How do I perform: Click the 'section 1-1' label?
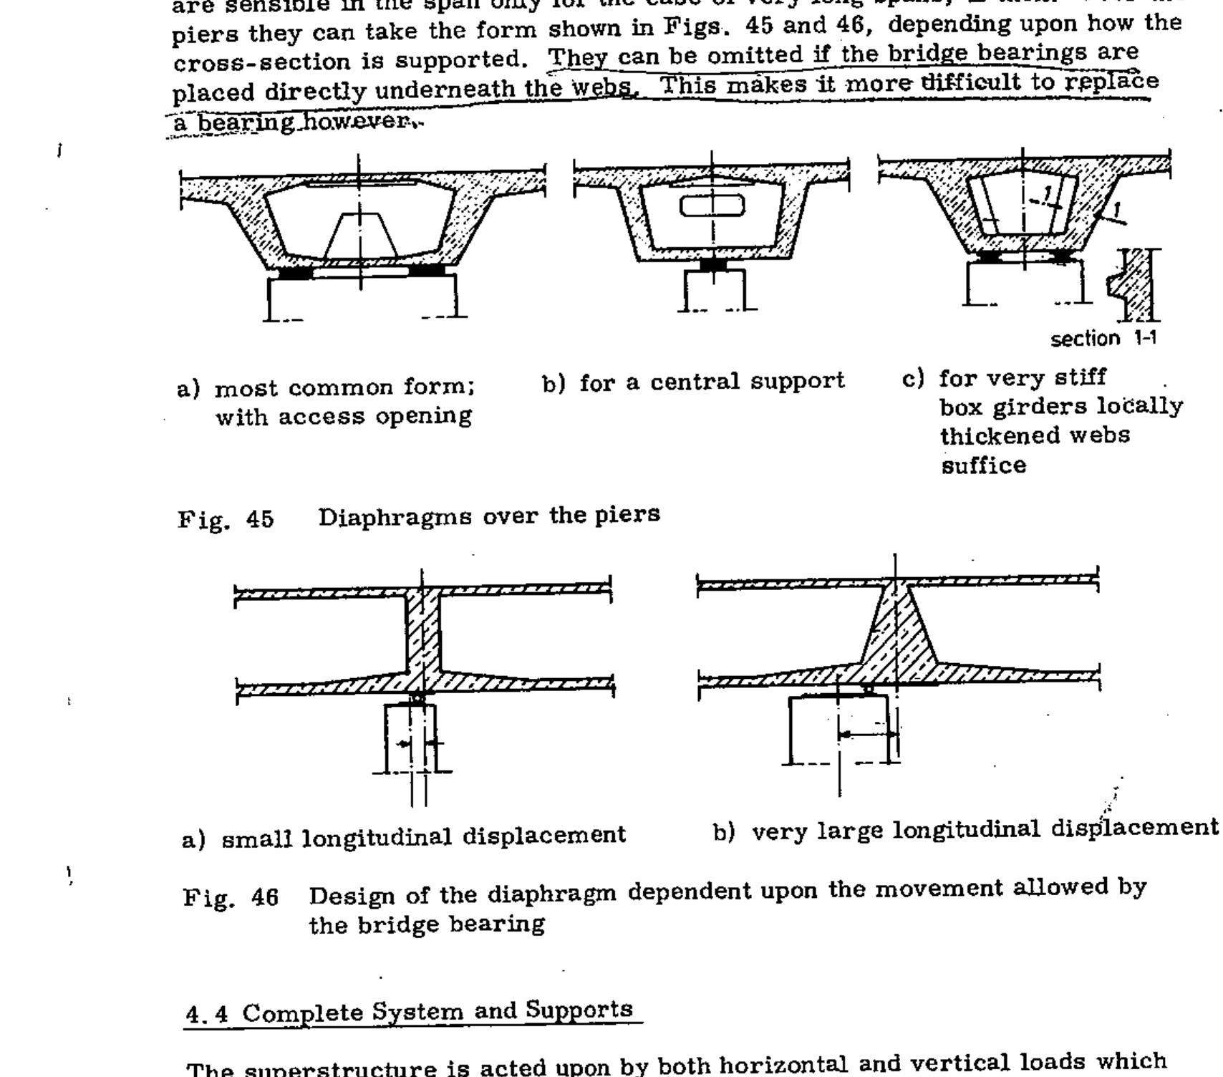click(x=1103, y=338)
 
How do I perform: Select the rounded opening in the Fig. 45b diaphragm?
click(x=712, y=206)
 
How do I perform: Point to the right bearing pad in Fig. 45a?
click(x=425, y=271)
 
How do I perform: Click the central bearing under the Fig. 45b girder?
click(x=712, y=265)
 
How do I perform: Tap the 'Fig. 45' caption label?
click(x=226, y=518)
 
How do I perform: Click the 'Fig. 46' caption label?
click(x=231, y=897)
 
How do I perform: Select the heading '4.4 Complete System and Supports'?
click(x=410, y=1013)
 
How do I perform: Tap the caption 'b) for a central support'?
click(x=693, y=382)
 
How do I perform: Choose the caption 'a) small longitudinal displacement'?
click(x=405, y=836)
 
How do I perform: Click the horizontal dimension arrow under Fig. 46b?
click(x=867, y=734)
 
